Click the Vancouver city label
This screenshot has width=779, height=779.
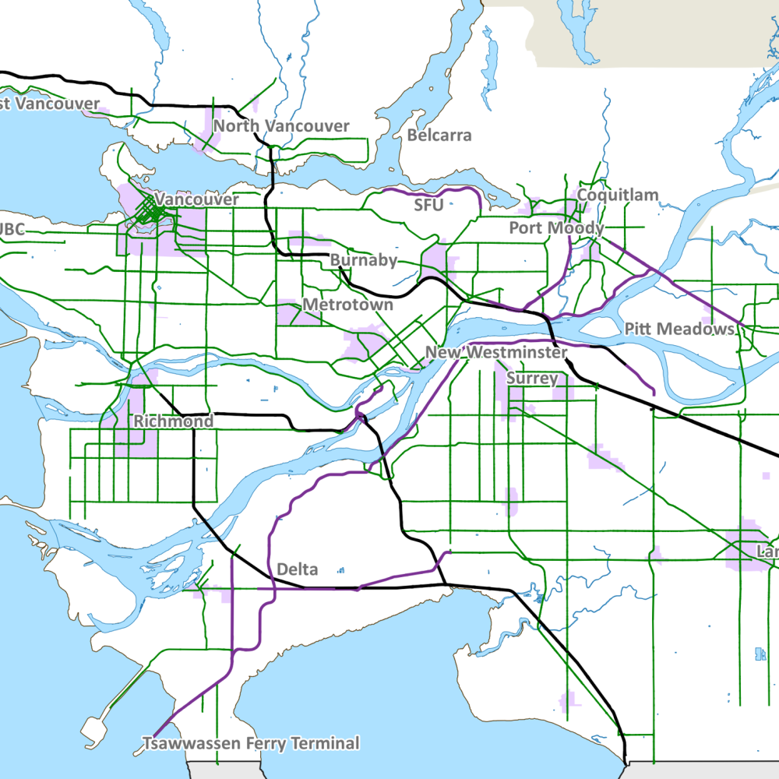(x=196, y=200)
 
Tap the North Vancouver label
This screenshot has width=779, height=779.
(x=281, y=126)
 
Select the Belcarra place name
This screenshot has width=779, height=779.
(x=439, y=136)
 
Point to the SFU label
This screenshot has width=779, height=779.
(x=428, y=206)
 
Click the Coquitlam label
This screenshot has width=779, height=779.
(x=618, y=196)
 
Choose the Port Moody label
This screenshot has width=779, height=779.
(x=556, y=228)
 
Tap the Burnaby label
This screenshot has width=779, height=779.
(x=364, y=260)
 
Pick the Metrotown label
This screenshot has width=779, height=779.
(x=347, y=305)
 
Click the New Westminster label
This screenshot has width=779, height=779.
(x=496, y=353)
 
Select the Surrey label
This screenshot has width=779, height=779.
(x=532, y=379)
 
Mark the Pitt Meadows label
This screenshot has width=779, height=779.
(x=679, y=330)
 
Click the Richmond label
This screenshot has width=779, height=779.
(x=173, y=421)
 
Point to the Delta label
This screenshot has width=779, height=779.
(x=298, y=570)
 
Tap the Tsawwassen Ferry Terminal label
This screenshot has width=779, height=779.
(x=251, y=744)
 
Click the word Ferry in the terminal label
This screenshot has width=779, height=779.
(x=261, y=744)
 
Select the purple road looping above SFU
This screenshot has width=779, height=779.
(x=436, y=189)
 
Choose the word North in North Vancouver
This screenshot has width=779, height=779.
(x=237, y=126)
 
